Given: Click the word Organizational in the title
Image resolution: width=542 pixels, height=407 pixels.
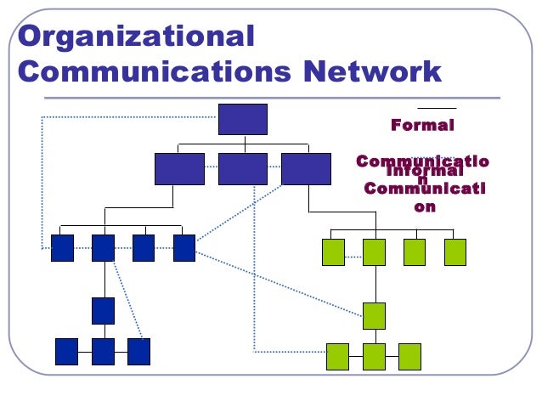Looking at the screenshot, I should [136, 37].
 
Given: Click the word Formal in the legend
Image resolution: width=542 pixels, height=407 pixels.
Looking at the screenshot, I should [422, 125].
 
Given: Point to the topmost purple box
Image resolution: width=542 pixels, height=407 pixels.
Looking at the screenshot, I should [242, 119].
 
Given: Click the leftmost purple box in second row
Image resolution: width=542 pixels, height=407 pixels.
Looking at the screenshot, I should [179, 169].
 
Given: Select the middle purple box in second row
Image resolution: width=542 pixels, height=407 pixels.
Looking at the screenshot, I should [242, 169].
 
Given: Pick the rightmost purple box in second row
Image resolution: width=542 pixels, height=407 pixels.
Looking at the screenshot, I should [306, 169].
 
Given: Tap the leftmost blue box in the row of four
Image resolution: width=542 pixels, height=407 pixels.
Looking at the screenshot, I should [62, 247].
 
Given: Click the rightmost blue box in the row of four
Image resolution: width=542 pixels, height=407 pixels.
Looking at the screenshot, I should [184, 247].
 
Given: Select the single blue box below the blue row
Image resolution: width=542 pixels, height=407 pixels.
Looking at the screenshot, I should [103, 310].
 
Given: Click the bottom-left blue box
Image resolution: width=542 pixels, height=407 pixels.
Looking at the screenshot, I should [66, 351].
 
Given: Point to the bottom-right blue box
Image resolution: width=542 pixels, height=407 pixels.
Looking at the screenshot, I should [138, 351].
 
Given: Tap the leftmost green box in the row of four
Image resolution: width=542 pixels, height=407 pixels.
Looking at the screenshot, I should [333, 252].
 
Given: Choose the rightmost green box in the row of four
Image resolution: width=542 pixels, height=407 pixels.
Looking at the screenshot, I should [455, 252].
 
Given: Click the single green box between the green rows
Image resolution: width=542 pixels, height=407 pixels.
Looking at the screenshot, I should [374, 315].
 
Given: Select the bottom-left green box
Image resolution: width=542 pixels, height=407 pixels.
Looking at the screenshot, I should [337, 356].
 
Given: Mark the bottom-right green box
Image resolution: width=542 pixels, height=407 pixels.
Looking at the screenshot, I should [409, 356].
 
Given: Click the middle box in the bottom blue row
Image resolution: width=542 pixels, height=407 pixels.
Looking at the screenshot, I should [103, 351].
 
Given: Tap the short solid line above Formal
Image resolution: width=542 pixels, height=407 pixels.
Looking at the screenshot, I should [437, 109].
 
